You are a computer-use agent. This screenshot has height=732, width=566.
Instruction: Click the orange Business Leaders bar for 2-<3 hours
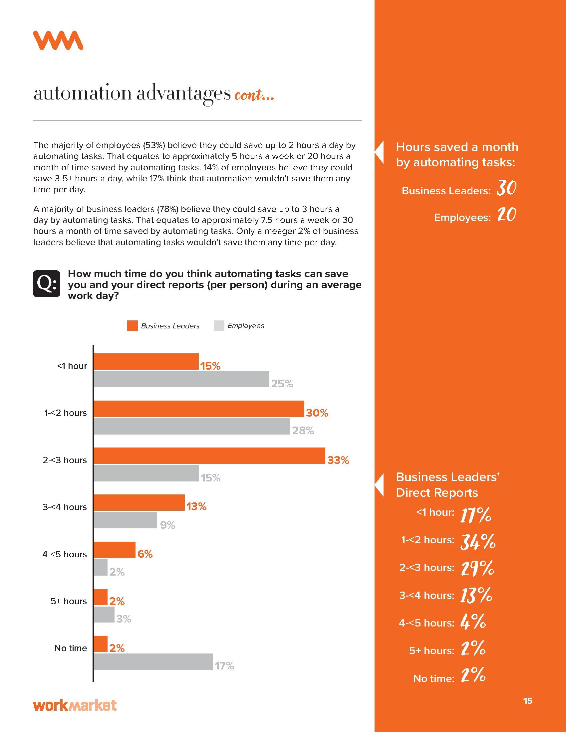[x=209, y=456]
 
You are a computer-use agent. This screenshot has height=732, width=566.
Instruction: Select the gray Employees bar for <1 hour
[x=181, y=379]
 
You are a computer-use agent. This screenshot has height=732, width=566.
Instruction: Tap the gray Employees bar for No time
[x=153, y=661]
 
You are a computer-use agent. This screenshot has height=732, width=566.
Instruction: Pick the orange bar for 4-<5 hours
[x=114, y=550]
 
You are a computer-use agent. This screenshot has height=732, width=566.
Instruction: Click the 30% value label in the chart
[x=317, y=413]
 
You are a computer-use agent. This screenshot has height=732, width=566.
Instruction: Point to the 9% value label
[x=167, y=525]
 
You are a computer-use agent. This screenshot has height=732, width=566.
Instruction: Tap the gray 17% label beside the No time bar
[x=224, y=666]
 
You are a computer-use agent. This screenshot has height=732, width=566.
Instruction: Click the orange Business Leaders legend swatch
[x=133, y=326]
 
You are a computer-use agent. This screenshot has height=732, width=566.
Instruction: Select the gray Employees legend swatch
[x=219, y=326]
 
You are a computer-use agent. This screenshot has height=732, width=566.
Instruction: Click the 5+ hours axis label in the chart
[x=69, y=601]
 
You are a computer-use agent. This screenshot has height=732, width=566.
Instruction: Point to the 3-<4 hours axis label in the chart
[x=65, y=507]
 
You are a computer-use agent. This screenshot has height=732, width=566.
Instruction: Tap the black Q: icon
[x=47, y=283]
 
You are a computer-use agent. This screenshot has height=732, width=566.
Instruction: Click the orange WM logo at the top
[x=58, y=41]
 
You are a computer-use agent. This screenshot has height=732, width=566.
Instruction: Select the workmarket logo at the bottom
[x=75, y=705]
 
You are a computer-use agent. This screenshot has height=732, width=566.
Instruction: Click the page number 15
[x=527, y=701]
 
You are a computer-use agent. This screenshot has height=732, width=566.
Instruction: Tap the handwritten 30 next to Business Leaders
[x=506, y=188]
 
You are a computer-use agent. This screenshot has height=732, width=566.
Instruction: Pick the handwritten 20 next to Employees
[x=506, y=215]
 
